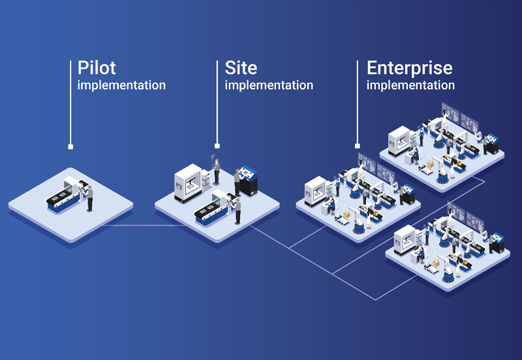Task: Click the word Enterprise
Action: (409, 68)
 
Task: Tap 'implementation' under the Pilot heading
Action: (121, 85)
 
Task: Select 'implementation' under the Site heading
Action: (269, 85)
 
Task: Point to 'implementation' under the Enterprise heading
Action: (410, 85)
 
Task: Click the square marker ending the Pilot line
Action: (70, 146)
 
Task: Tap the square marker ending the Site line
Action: (217, 146)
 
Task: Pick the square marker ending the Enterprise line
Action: (357, 146)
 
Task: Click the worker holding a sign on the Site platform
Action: (216, 171)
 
